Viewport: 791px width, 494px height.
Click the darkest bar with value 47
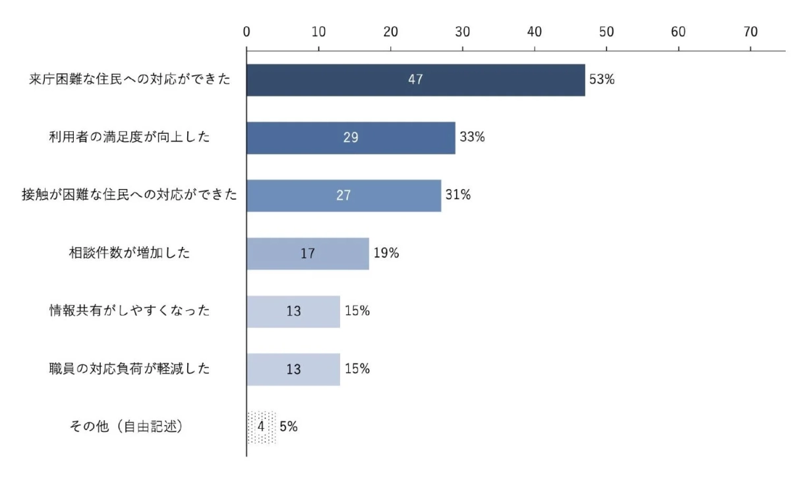point(415,80)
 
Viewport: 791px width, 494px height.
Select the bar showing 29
point(351,138)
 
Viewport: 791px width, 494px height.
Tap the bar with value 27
point(343,196)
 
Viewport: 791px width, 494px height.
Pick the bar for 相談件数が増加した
point(307,254)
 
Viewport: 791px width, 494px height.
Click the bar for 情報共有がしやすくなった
point(293,312)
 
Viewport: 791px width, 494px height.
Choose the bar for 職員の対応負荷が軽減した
point(293,369)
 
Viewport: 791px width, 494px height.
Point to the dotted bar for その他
point(261,427)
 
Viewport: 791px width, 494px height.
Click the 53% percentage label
point(602,80)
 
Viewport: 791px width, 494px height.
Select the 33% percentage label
point(472,138)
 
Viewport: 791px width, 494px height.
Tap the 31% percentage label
point(457,196)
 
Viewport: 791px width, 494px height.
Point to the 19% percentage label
point(386,254)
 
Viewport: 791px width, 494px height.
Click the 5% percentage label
point(289,427)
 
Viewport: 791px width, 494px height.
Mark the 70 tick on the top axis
point(750,31)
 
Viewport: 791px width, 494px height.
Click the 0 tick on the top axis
point(247,31)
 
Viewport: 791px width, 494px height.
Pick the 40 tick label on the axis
point(535,31)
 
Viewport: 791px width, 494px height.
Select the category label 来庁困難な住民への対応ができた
point(131,80)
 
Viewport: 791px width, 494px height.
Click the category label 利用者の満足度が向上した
point(129,138)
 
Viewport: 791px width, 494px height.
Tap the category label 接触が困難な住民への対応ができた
point(130,196)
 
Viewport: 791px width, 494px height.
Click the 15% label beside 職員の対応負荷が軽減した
point(357,369)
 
